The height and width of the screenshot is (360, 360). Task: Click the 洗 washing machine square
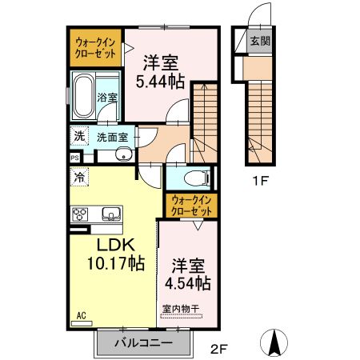[78, 135]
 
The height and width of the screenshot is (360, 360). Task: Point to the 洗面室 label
[112, 137]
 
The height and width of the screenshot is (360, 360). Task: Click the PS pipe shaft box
[75, 158]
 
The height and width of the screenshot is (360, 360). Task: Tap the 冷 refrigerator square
[79, 176]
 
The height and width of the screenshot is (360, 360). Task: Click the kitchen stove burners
[81, 214]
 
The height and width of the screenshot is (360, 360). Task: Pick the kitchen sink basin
[111, 214]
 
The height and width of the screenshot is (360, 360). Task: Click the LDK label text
[114, 246]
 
